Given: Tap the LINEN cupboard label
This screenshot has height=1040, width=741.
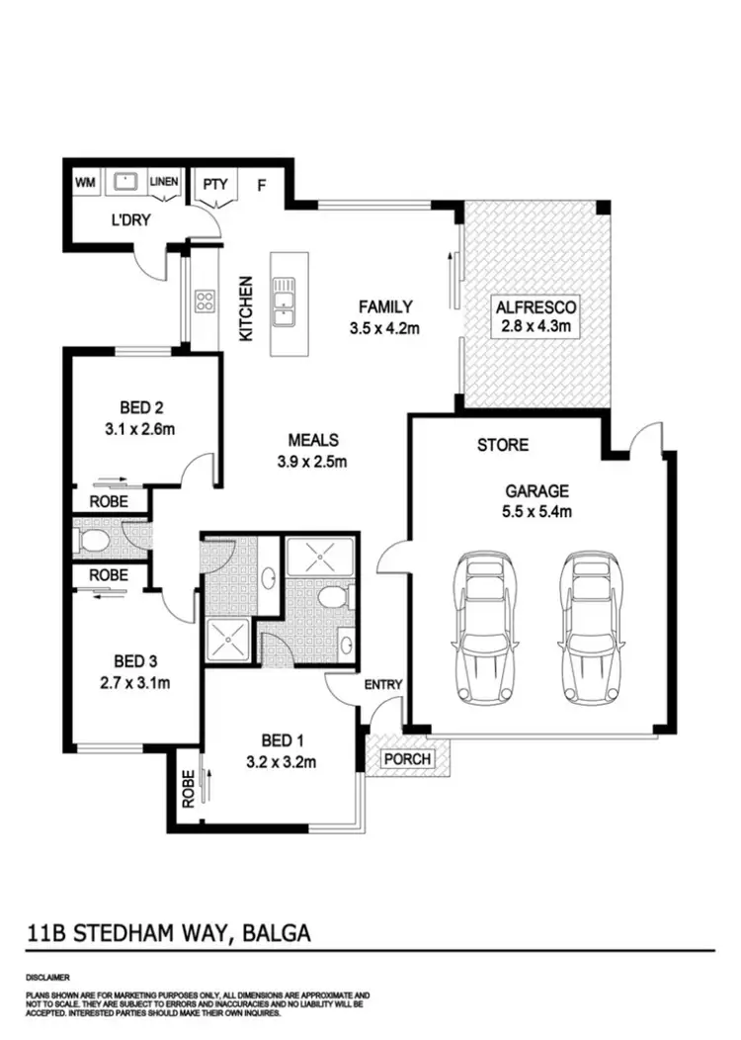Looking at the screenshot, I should tap(163, 183).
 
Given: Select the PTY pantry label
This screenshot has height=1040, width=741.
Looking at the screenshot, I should tap(215, 184).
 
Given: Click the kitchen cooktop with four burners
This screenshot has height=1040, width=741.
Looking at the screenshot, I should tap(205, 301).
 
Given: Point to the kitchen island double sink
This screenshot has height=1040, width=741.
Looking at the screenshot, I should tap(283, 301).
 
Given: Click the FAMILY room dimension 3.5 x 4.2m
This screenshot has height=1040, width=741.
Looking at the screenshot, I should tap(385, 328).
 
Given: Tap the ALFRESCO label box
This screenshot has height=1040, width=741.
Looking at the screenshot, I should tap(537, 315).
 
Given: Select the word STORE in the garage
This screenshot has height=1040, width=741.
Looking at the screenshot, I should tap(503, 446).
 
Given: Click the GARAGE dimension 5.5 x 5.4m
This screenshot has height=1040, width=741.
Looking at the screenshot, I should tap(539, 511).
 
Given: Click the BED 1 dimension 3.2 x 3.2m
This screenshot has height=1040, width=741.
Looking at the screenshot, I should tap(281, 761).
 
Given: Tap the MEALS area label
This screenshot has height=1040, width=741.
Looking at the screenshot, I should tap(313, 440).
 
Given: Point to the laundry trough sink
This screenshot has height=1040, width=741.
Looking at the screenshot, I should tap(124, 183).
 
